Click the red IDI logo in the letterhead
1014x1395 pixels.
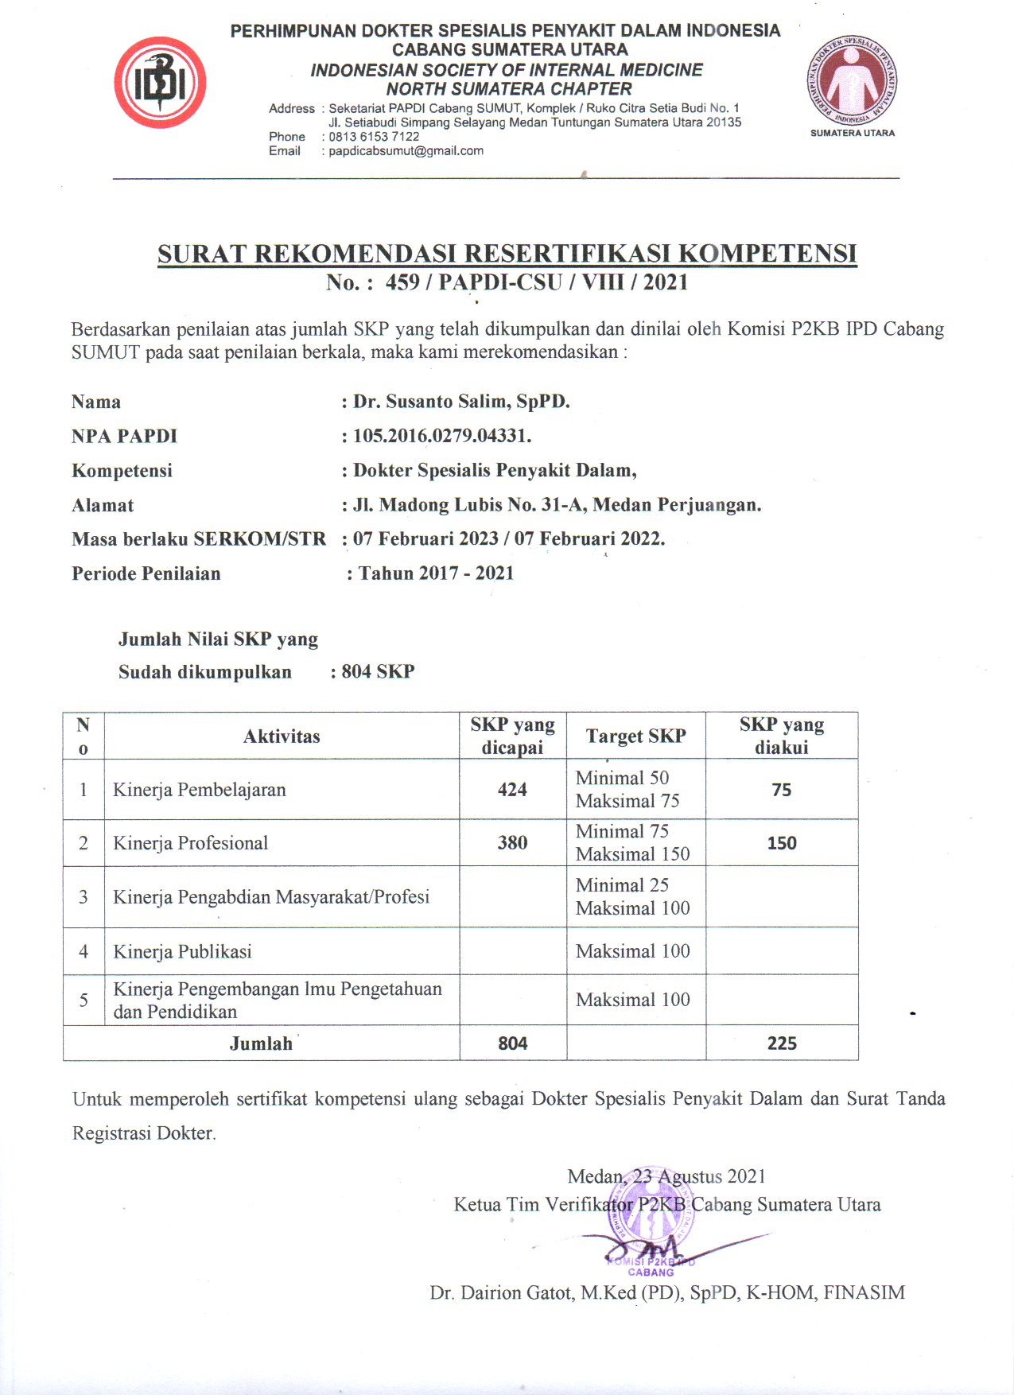(160, 83)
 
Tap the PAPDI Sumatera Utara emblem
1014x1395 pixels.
(852, 83)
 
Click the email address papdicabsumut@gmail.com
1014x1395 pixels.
(406, 151)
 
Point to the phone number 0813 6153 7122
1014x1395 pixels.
(374, 137)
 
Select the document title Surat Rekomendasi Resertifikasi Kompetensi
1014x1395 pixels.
(507, 254)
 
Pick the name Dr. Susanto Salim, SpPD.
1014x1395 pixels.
(461, 402)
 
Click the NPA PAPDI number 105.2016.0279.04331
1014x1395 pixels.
(442, 436)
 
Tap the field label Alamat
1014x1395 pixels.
(103, 506)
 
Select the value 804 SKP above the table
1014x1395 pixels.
(378, 672)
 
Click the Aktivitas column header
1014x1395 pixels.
(282, 736)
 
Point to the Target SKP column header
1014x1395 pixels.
(635, 736)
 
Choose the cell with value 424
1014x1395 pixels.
(512, 790)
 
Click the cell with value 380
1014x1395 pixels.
(512, 843)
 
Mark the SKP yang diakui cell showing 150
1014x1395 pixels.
(782, 843)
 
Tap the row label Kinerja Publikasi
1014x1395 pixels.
(182, 952)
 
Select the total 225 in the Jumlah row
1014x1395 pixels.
(782, 1043)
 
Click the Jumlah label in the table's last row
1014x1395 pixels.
(261, 1043)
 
